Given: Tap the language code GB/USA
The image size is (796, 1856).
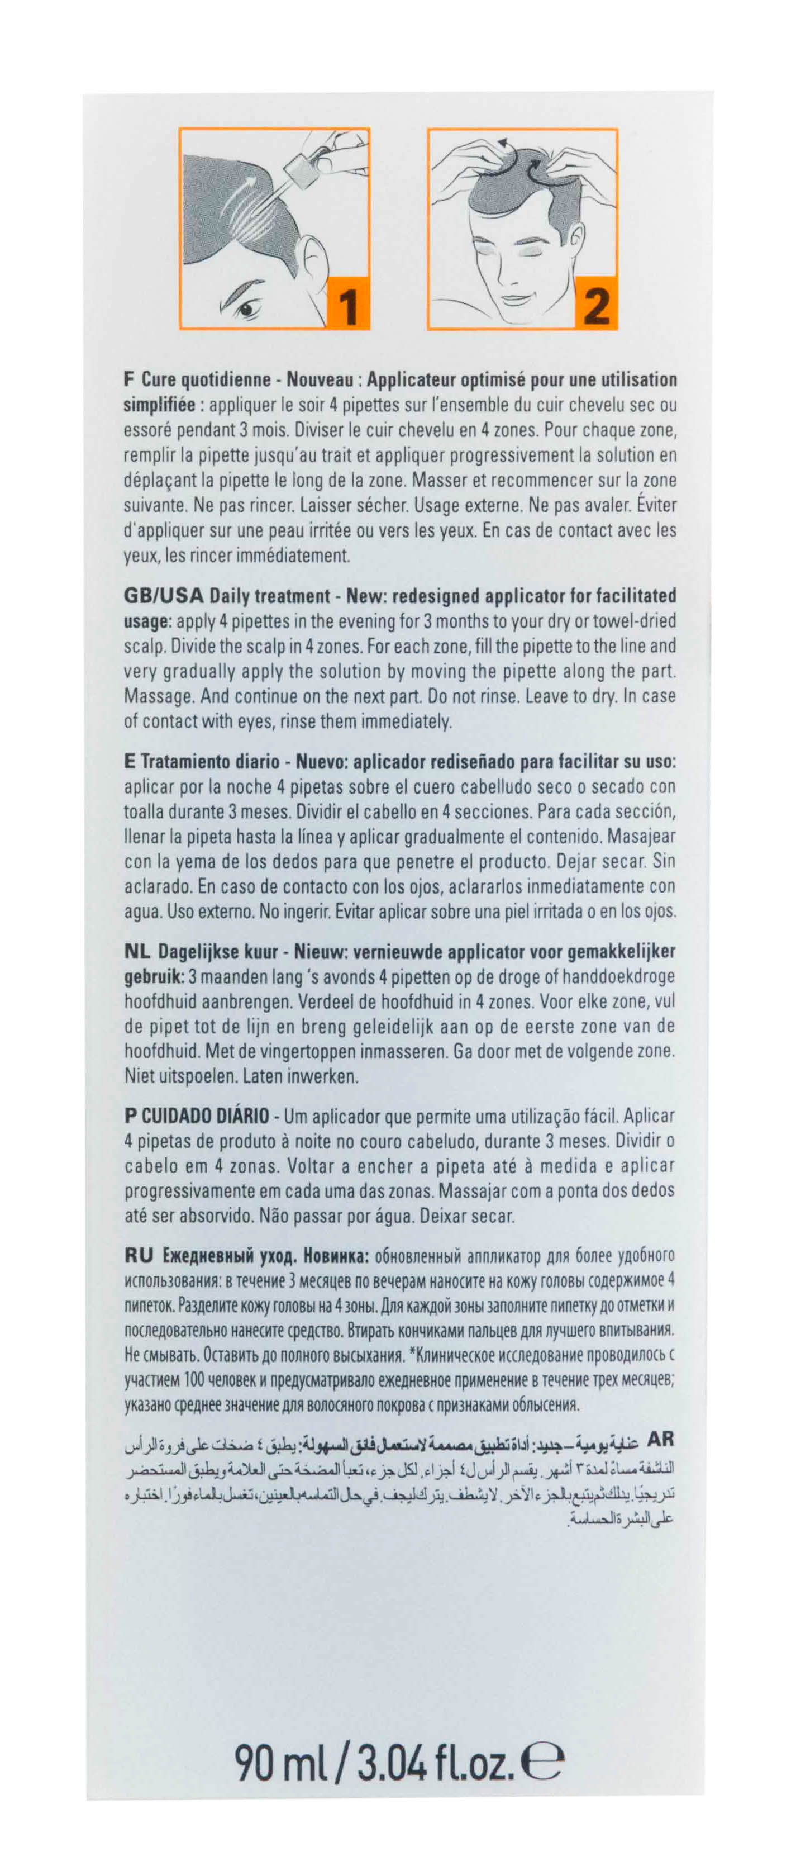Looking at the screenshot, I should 164,596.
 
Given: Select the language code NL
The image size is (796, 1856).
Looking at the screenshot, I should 137,952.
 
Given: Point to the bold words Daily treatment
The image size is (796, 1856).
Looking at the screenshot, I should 269,596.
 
